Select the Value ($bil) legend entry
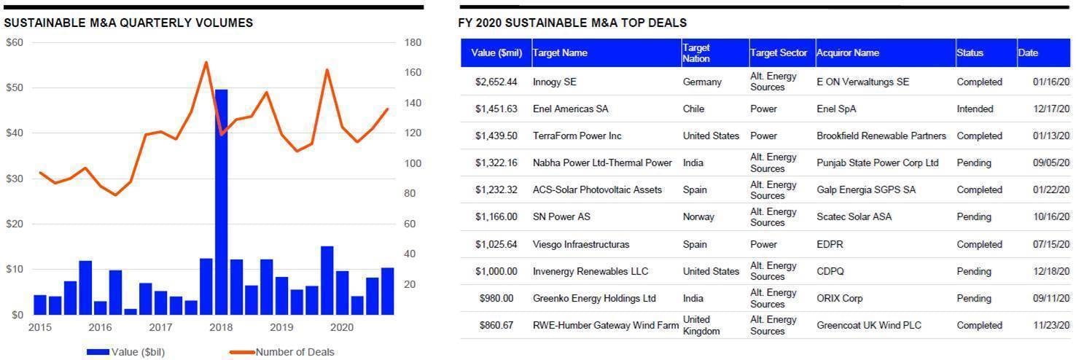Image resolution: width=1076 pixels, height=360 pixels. [x=125, y=353]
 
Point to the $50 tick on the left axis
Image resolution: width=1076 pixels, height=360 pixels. [x=15, y=88]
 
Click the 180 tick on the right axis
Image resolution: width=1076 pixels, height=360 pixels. [x=413, y=43]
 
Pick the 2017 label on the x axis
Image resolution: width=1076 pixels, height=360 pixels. [x=160, y=328]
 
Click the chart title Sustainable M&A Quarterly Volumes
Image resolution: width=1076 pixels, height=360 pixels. [x=128, y=23]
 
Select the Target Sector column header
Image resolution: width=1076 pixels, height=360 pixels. [x=778, y=52]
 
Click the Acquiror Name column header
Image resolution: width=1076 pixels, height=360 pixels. [x=847, y=52]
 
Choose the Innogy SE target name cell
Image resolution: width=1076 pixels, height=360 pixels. [x=554, y=82]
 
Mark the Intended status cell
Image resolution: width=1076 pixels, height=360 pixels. [x=975, y=109]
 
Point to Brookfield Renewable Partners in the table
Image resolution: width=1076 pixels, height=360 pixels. [x=881, y=136]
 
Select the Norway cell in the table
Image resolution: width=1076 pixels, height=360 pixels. [x=699, y=217]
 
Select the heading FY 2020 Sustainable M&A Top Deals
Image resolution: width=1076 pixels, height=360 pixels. [x=572, y=23]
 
